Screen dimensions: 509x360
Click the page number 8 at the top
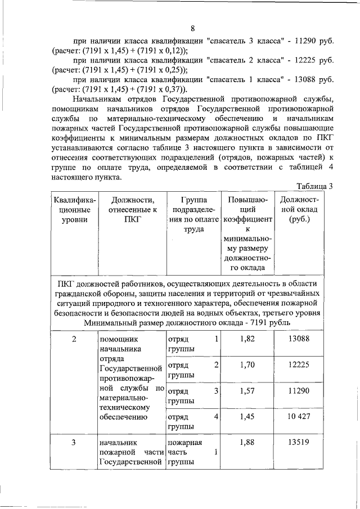click(x=192, y=29)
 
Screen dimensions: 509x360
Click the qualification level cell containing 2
click(x=74, y=339)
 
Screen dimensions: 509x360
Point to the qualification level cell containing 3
click(x=74, y=442)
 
